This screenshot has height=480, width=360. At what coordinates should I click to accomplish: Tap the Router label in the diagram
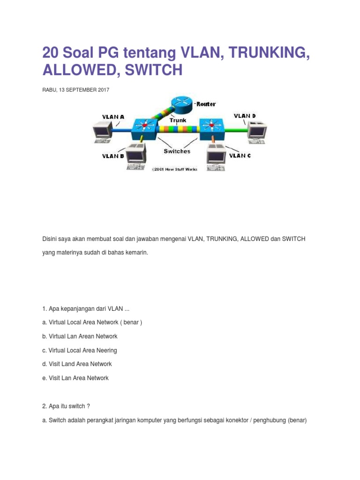click(x=206, y=104)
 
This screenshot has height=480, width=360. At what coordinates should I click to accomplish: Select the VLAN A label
click(x=113, y=117)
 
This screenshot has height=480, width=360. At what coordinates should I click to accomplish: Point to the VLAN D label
click(x=245, y=115)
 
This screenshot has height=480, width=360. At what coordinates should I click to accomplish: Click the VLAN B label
click(x=113, y=156)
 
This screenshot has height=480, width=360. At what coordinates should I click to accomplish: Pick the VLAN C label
click(x=240, y=156)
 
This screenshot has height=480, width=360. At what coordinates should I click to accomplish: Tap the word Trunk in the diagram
click(x=178, y=120)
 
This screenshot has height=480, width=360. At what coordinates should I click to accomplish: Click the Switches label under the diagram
click(x=177, y=151)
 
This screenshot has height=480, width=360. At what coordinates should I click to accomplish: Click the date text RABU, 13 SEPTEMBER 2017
click(x=75, y=90)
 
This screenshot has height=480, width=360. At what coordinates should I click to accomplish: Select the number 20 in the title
click(x=50, y=52)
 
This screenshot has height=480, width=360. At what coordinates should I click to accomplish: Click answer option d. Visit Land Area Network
click(x=77, y=364)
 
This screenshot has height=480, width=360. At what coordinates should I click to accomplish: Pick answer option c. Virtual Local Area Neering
click(x=79, y=350)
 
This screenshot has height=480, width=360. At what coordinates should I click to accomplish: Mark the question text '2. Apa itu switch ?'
click(x=66, y=406)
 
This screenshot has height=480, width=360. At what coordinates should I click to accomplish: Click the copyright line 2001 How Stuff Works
click(x=174, y=169)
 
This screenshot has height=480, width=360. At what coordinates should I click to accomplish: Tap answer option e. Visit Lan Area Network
click(x=75, y=378)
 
